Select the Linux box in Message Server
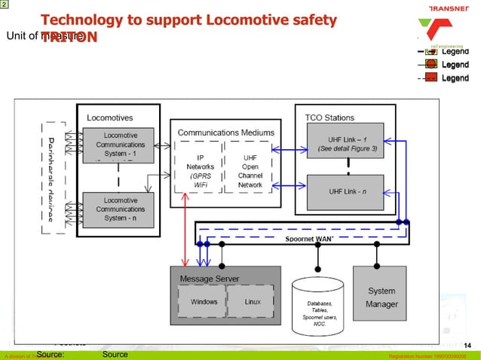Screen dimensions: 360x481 (x=253, y=302)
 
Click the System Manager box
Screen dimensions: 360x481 (x=381, y=297)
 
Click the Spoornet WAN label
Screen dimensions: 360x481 (x=308, y=238)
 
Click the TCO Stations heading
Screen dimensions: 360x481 (x=329, y=117)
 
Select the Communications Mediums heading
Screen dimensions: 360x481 (x=219, y=133)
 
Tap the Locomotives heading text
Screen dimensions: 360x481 (x=111, y=117)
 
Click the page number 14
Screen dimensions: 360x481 (x=467, y=345)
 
